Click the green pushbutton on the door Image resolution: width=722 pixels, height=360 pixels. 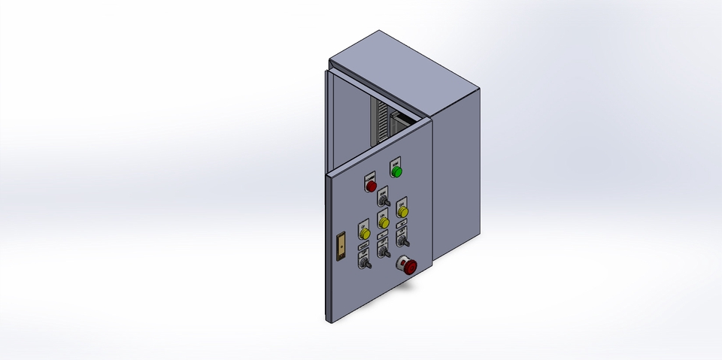click(396, 172)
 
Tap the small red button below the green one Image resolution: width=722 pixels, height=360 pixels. click(370, 186)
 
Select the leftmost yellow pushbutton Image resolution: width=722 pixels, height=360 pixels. click(365, 234)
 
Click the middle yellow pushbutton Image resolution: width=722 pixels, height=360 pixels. click(383, 223)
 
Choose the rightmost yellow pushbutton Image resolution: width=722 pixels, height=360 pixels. click(402, 213)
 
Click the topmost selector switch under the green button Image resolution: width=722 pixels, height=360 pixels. click(383, 202)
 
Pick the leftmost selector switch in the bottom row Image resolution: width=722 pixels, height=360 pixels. click(365, 264)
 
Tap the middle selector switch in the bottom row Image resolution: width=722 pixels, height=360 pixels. click(383, 253)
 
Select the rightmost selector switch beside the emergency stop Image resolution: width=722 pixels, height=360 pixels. click(402, 241)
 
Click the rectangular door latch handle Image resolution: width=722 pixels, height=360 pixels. click(340, 247)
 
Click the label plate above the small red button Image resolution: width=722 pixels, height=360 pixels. click(369, 176)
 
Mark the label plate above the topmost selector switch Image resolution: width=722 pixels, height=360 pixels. click(382, 191)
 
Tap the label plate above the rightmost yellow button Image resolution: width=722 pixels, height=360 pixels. click(402, 201)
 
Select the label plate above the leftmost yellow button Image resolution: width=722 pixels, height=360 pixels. click(364, 223)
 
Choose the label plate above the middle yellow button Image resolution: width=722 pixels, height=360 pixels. click(383, 213)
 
